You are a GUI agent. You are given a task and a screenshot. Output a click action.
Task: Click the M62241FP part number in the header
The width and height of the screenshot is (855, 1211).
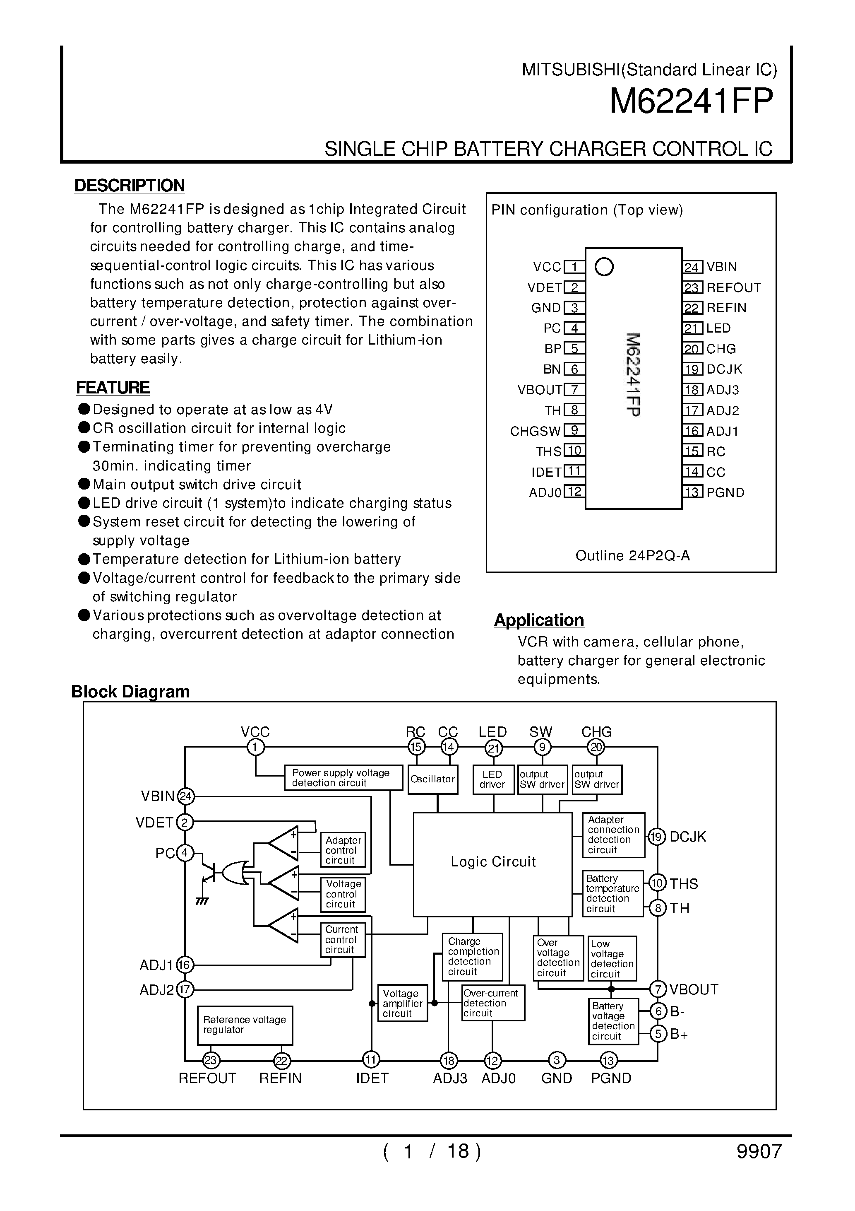[691, 101]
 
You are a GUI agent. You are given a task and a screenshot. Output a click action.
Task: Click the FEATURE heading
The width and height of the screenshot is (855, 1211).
[113, 388]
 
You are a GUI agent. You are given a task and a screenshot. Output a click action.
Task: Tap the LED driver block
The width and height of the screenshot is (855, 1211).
[492, 779]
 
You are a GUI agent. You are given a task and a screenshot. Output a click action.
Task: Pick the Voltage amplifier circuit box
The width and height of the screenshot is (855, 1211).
[402, 1003]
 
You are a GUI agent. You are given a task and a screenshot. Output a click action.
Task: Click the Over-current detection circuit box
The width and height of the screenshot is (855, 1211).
[492, 1003]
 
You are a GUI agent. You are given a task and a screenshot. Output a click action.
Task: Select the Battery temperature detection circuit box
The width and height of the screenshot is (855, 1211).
[612, 893]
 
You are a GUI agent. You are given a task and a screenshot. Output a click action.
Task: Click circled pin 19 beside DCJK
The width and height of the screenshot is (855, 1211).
[656, 837]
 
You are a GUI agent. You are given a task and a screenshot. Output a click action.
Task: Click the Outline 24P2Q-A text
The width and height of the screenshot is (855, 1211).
[632, 555]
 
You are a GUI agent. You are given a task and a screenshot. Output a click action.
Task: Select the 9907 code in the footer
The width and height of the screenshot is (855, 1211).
[759, 1151]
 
